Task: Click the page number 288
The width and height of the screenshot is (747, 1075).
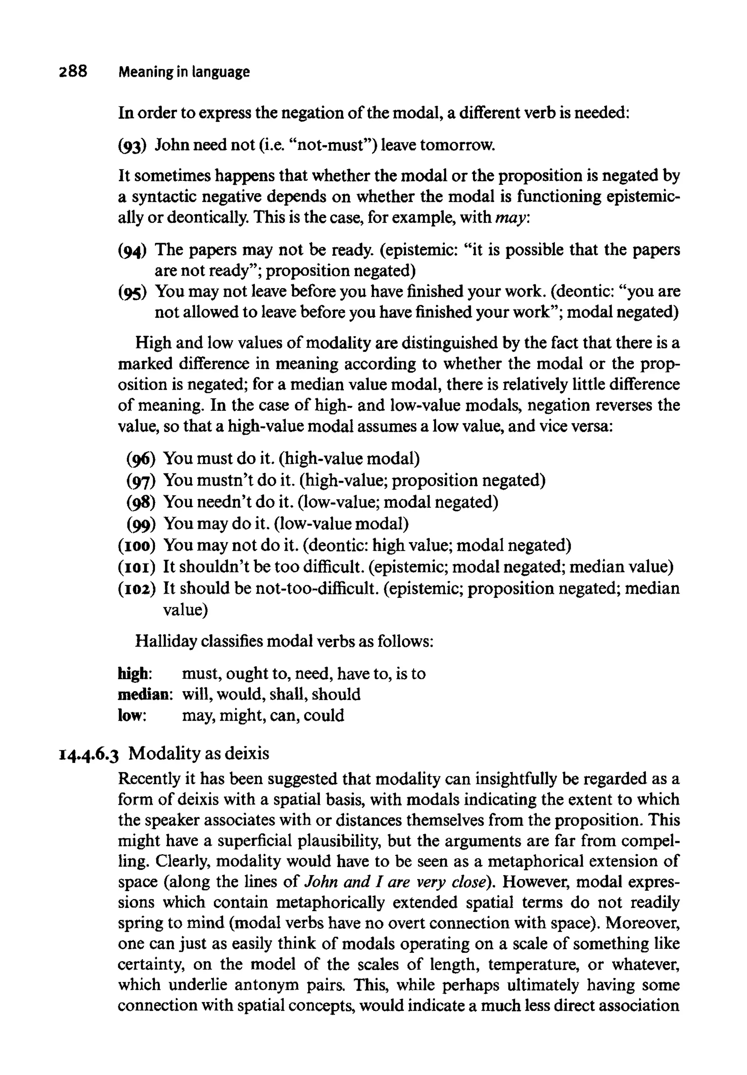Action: click(73, 71)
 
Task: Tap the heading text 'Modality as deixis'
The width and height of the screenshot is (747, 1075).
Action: click(199, 753)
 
